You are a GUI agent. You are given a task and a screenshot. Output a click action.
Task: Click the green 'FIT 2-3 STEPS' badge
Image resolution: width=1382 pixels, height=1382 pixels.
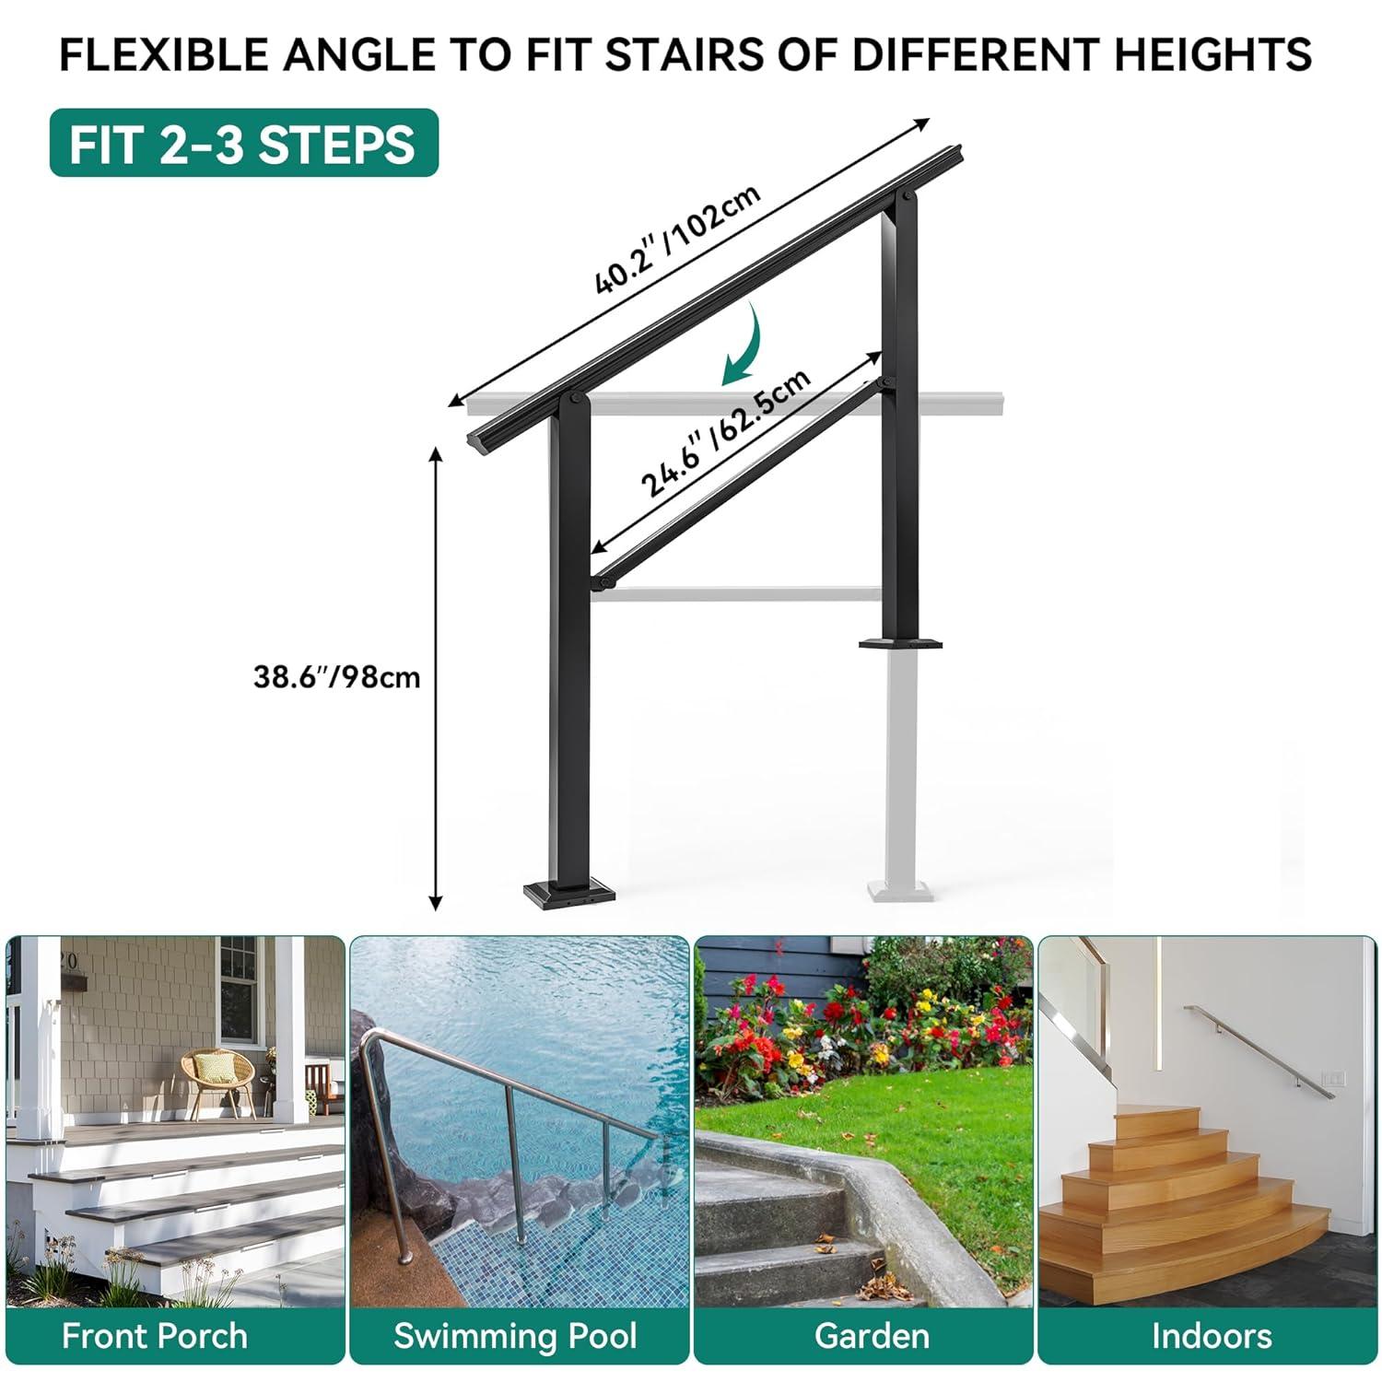pyautogui.click(x=244, y=143)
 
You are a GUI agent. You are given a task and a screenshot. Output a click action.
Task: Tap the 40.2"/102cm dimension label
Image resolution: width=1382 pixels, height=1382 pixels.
pyautogui.click(x=677, y=239)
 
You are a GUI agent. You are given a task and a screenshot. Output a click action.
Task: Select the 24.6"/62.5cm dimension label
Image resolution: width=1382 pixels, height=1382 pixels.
pyautogui.click(x=726, y=432)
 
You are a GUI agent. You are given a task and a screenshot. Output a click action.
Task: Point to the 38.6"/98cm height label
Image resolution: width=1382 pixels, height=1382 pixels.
pyautogui.click(x=337, y=677)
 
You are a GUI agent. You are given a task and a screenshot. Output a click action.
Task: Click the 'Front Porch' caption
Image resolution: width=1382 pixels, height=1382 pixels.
pyautogui.click(x=155, y=1336)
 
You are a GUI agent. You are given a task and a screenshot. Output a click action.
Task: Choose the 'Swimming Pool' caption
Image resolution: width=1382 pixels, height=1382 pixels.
pyautogui.click(x=515, y=1336)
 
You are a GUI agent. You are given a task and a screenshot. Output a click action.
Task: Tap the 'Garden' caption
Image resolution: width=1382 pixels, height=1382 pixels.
pyautogui.click(x=872, y=1336)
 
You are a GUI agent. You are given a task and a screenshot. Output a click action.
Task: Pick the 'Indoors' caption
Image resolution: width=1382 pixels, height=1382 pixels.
pyautogui.click(x=1212, y=1336)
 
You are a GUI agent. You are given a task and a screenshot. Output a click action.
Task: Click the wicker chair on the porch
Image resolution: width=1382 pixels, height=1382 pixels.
pyautogui.click(x=217, y=1080)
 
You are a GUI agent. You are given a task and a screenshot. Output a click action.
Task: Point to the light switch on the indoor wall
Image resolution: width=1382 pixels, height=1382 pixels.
pyautogui.click(x=1333, y=1076)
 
